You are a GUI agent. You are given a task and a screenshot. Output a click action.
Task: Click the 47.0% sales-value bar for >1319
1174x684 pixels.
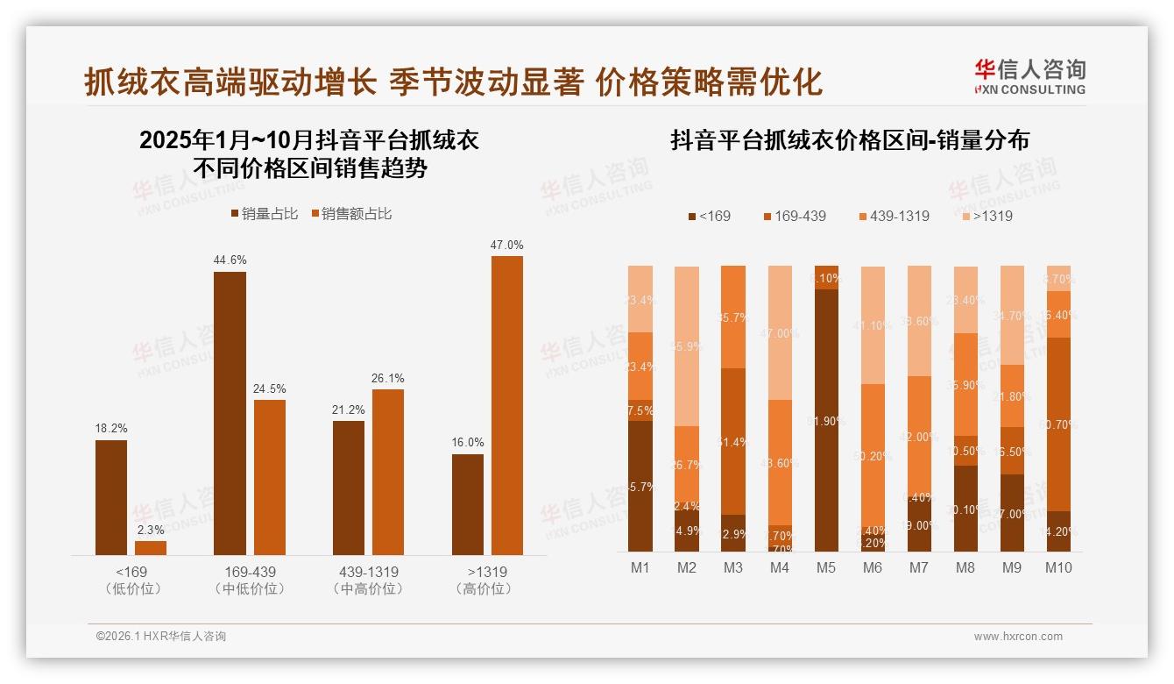[506, 405]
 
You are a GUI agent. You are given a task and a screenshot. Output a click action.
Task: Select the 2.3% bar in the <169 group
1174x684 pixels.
[151, 548]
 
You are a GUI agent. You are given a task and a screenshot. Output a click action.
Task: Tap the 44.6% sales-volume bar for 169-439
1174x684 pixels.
[230, 413]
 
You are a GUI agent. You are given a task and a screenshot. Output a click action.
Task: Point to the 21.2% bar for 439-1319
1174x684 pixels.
[349, 488]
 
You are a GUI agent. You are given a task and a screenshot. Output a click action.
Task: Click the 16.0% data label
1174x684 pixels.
[468, 443]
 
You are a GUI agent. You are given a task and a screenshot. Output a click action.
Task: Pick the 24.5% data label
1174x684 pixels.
[269, 388]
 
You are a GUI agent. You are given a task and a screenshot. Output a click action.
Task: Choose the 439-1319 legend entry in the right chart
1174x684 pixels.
[893, 216]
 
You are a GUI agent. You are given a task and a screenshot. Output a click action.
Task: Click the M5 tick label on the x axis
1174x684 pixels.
[825, 567]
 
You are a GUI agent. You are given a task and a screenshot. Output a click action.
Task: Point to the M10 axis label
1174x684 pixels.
[1058, 567]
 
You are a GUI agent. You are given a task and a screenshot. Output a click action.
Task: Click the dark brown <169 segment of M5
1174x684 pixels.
[826, 420]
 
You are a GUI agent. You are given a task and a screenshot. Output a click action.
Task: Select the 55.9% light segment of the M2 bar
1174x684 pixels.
[687, 346]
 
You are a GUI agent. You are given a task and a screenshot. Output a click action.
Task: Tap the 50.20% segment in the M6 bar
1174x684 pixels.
[873, 455]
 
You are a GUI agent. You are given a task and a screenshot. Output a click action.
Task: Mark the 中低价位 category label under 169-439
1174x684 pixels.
[249, 589]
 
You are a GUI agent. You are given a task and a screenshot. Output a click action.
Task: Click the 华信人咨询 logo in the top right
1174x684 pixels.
[1029, 76]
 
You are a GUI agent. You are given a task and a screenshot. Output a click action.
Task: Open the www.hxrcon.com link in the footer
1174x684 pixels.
[1018, 637]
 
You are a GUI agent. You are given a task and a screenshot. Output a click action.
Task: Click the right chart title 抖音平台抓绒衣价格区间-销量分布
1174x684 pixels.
[850, 140]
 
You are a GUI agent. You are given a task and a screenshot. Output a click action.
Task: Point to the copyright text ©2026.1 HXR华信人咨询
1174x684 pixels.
[161, 637]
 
